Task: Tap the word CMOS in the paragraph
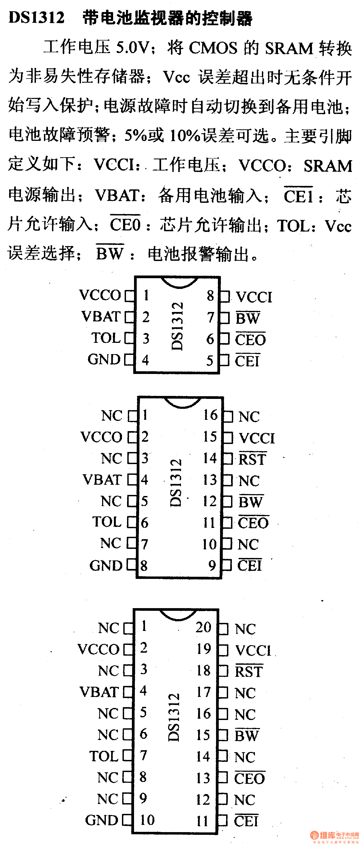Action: pyautogui.click(x=213, y=48)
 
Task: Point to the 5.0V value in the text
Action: pyautogui.click(x=132, y=48)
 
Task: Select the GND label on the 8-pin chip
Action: pyautogui.click(x=104, y=359)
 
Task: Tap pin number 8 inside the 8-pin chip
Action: pyautogui.click(x=210, y=296)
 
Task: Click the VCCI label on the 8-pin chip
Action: pyautogui.click(x=254, y=297)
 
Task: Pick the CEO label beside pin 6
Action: pyautogui.click(x=250, y=340)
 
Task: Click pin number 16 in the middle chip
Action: pyautogui.click(x=210, y=415)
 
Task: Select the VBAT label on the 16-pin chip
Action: pyautogui.click(x=102, y=480)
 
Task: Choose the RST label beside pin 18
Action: pyautogui.click(x=249, y=671)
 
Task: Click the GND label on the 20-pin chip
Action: pyautogui.click(x=102, y=820)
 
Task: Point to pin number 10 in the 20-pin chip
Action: pyautogui.click(x=147, y=820)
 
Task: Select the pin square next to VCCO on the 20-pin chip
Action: pyautogui.click(x=128, y=650)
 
